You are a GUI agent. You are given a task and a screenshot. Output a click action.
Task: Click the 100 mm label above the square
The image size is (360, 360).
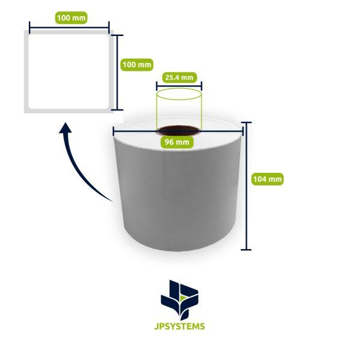71,18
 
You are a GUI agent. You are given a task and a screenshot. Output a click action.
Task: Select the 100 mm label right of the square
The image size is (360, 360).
137,65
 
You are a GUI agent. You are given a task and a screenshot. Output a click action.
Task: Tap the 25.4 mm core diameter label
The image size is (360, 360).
179,77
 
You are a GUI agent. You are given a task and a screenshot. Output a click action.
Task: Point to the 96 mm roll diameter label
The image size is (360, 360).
177,142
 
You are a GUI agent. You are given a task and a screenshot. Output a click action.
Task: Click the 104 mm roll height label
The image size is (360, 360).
268,179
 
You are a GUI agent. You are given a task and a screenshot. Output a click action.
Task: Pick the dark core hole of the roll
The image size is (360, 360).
178,131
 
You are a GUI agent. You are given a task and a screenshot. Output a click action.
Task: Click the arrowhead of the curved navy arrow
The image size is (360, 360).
65,128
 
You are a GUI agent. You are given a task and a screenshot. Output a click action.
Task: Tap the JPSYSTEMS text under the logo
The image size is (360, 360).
179,326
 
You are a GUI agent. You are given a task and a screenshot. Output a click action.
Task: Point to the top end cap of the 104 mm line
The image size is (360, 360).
246,122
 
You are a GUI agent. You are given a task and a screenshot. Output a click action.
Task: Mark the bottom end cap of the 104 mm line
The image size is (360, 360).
246,250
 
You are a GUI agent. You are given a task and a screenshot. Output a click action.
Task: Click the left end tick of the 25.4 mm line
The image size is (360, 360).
157,86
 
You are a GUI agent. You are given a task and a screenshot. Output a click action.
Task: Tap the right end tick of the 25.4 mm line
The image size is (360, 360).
202,86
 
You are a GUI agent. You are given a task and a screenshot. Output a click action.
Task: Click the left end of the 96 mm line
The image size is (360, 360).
113,131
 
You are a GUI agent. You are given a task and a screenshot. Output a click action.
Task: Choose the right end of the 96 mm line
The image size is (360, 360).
243,131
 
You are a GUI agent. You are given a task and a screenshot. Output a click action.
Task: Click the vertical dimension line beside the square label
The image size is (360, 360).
117,73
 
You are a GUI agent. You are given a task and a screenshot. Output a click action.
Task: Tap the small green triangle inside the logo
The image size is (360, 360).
182,298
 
